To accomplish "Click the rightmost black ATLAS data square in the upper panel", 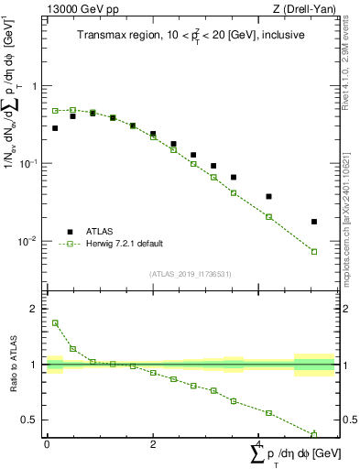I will tap(314, 222).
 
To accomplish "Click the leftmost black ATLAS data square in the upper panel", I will tap(55, 128).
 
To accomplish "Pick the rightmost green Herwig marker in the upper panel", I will tap(314, 252).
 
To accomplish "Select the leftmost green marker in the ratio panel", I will tap(55, 322).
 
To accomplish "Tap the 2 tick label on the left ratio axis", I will tap(35, 310).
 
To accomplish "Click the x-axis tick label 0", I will tap(47, 444).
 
